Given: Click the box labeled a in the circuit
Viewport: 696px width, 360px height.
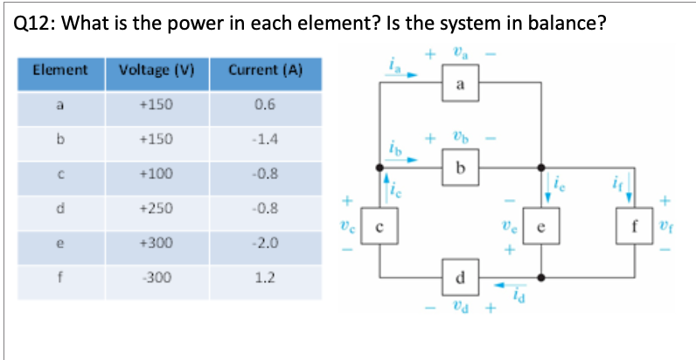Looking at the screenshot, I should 460,85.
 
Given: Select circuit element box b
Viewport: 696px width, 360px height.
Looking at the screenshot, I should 460,167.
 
